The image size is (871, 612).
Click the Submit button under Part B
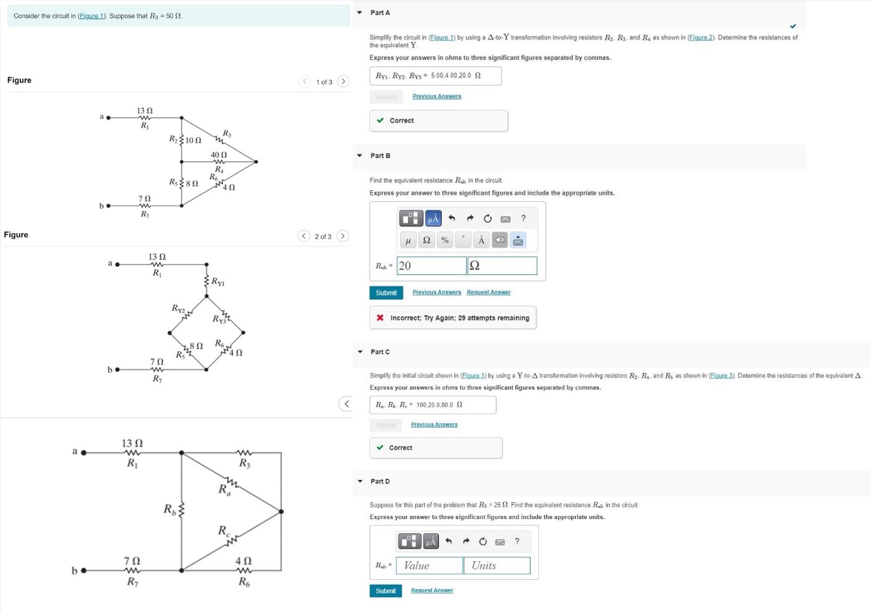(x=386, y=292)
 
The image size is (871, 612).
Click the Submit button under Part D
(x=386, y=591)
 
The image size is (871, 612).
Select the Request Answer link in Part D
(x=431, y=590)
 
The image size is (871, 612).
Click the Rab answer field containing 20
(x=431, y=266)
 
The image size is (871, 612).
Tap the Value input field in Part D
(x=429, y=566)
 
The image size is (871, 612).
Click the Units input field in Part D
(x=496, y=566)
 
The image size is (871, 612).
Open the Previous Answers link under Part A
(x=436, y=97)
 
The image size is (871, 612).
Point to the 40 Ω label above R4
(x=219, y=155)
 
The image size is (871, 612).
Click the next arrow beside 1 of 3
(x=343, y=82)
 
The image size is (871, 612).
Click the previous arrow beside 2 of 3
(x=303, y=236)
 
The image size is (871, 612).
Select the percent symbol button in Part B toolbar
(x=444, y=240)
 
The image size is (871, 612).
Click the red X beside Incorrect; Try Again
(x=380, y=318)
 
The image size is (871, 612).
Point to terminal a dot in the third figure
(x=84, y=452)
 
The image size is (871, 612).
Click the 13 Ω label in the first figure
(x=145, y=111)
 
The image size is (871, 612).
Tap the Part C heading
(x=380, y=352)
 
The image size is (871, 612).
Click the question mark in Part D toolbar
(x=517, y=541)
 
